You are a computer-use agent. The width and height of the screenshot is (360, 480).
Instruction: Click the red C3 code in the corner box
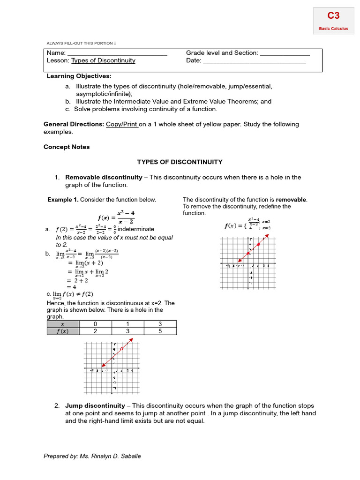tap(333, 16)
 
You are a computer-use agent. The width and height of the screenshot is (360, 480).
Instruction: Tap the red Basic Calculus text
tap(333, 29)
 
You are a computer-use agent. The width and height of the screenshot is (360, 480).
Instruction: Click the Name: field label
tap(55, 53)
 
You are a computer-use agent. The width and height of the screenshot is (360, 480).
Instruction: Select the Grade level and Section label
tap(222, 53)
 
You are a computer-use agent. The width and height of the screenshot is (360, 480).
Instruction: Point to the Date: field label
tap(194, 60)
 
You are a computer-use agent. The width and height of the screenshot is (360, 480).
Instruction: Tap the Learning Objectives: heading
tap(79, 76)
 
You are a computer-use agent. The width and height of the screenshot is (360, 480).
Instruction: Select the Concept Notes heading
tap(67, 147)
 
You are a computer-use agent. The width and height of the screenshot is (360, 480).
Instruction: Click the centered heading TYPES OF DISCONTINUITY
tap(180, 162)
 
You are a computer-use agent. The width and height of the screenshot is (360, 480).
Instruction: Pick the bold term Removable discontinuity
tap(104, 177)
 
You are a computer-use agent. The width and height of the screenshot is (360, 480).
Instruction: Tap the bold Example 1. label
tap(63, 200)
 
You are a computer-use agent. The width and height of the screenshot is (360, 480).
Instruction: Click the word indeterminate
tap(136, 229)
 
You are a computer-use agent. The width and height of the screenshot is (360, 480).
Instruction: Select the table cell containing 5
tap(160, 331)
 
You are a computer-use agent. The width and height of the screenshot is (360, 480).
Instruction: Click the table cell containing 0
tap(96, 324)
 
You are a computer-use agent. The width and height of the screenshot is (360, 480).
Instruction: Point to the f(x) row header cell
tap(62, 331)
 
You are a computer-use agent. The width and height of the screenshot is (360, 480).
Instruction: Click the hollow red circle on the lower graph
tap(121, 349)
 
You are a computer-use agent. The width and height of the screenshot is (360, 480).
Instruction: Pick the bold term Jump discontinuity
tap(95, 405)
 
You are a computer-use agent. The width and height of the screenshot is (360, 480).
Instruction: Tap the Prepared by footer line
tap(92, 456)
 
